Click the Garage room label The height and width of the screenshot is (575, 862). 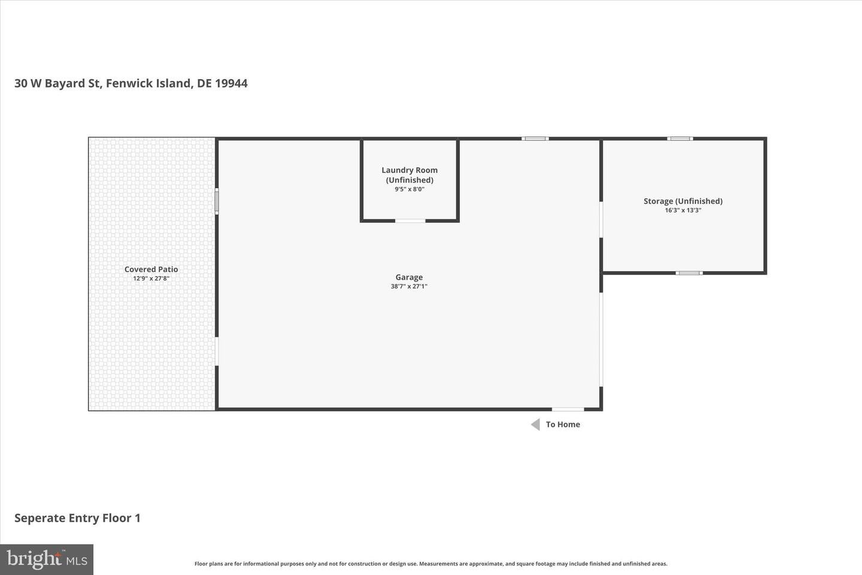(x=409, y=277)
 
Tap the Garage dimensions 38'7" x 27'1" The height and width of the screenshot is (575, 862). (x=409, y=286)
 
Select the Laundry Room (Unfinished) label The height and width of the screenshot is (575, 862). (x=409, y=175)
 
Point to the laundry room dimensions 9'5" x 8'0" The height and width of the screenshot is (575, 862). (x=409, y=189)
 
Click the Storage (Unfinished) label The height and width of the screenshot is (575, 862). (x=683, y=201)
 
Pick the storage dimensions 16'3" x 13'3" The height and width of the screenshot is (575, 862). (x=683, y=210)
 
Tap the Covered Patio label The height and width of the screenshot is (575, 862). (x=151, y=269)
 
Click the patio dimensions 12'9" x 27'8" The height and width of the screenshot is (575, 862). (x=151, y=279)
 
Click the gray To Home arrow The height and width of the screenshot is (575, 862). (x=535, y=425)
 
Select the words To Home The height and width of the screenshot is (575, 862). (x=563, y=425)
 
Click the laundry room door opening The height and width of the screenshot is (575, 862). (x=410, y=220)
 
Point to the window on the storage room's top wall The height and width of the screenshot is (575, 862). (x=680, y=138)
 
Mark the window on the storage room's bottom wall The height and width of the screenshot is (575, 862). (x=689, y=273)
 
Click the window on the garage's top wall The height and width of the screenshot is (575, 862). (x=535, y=138)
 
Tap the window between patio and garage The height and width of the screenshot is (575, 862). (x=217, y=201)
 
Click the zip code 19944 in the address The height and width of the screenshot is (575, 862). (x=231, y=83)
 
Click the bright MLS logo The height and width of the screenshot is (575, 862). (x=47, y=559)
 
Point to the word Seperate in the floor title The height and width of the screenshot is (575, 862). (x=40, y=518)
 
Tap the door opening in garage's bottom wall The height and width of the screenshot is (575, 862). (x=568, y=409)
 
